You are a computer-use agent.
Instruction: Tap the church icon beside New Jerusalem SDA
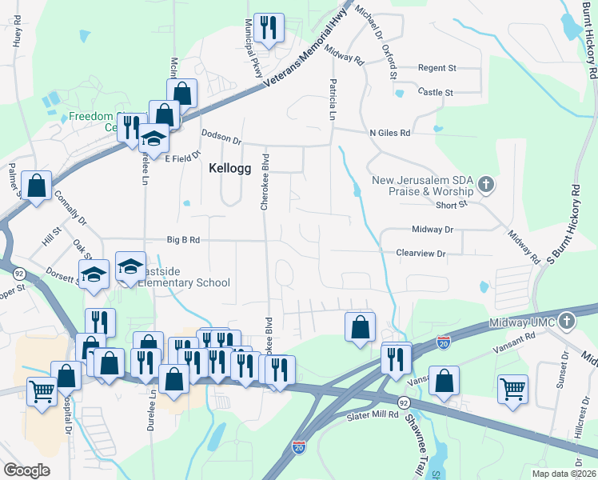(x=485, y=186)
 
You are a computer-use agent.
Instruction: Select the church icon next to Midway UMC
(x=566, y=321)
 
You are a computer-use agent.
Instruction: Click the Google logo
(x=27, y=470)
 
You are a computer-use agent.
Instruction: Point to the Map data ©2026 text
(x=564, y=474)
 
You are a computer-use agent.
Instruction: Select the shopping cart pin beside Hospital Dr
(x=42, y=391)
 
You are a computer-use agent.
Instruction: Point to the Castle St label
(x=436, y=93)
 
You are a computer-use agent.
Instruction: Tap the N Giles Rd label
(x=389, y=133)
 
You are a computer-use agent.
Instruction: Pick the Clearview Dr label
(x=420, y=253)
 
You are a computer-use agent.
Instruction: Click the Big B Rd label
(x=183, y=239)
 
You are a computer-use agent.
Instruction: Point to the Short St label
(x=451, y=204)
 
